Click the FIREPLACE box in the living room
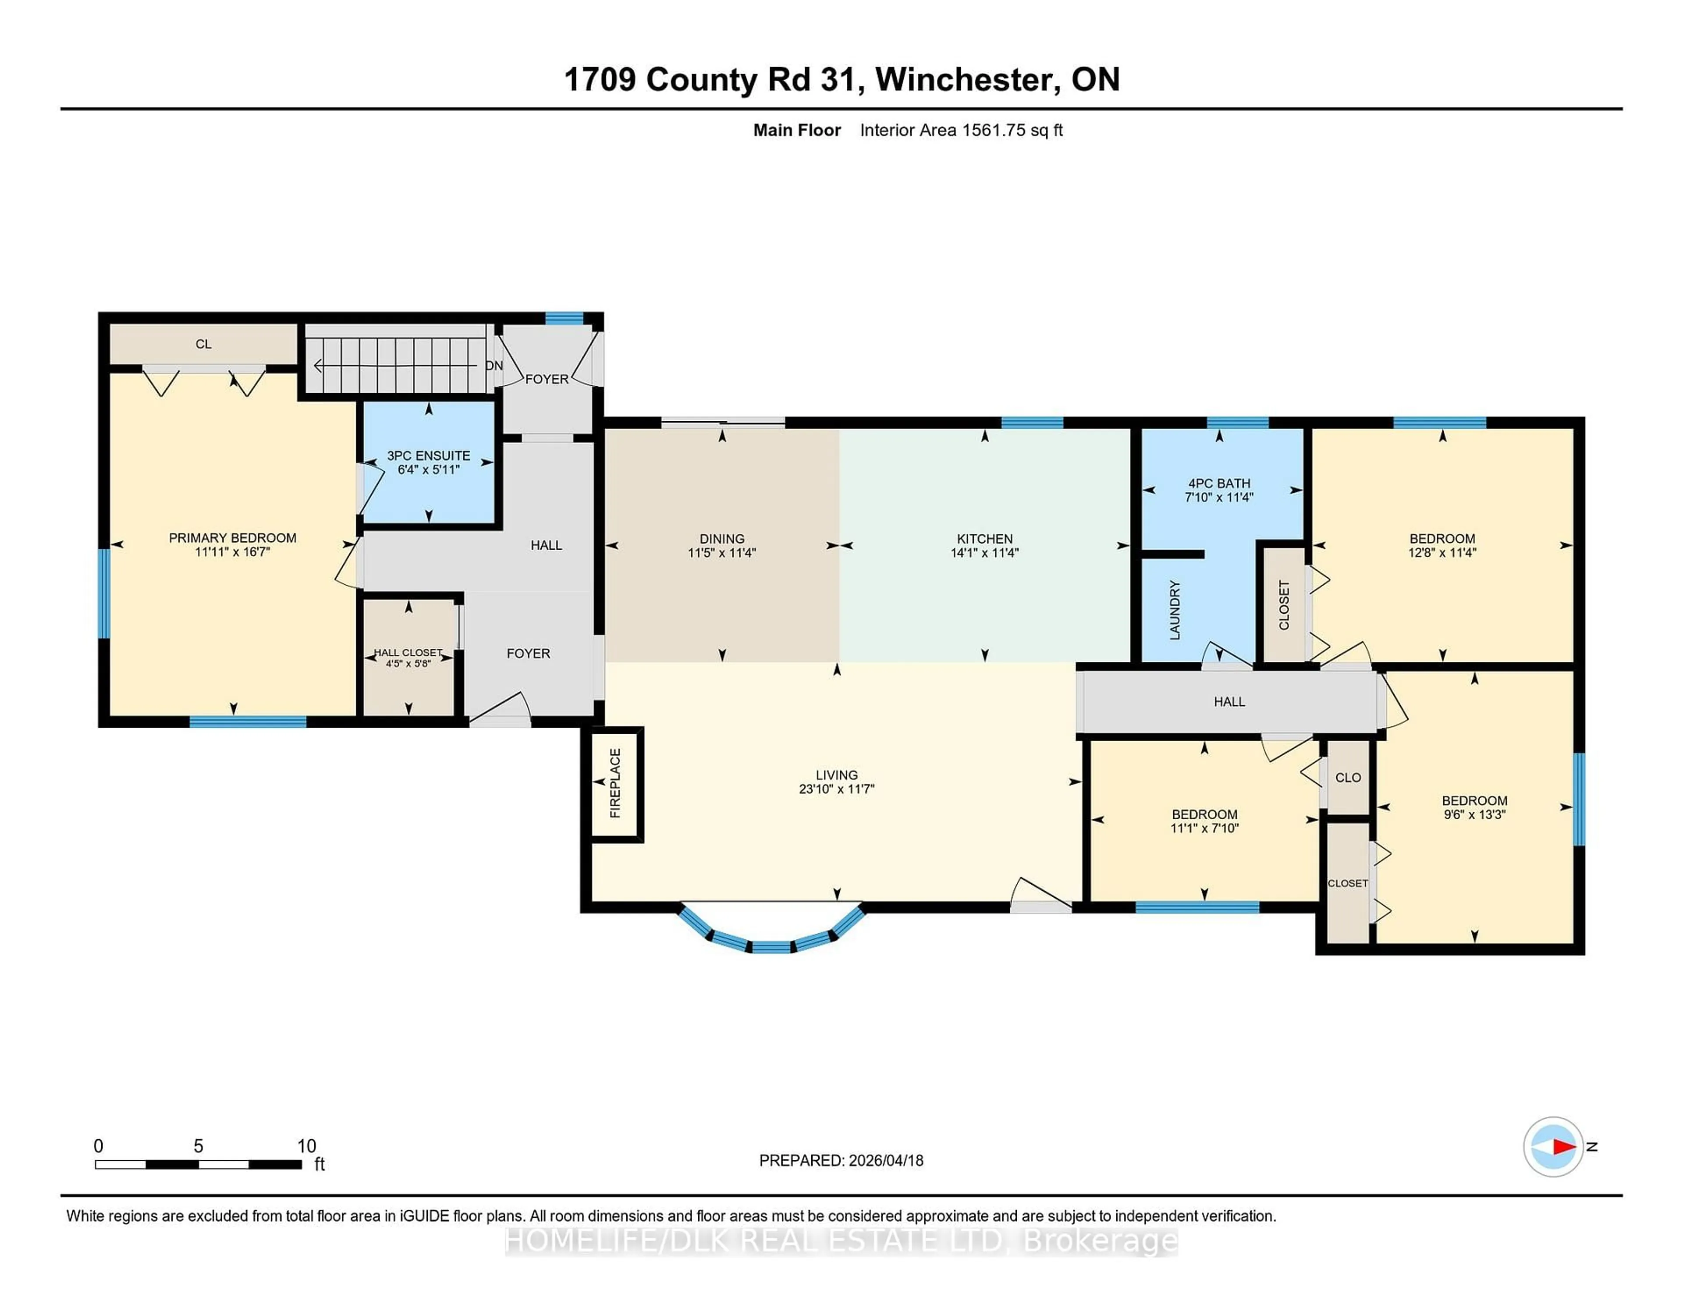[x=615, y=783]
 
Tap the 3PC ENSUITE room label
[x=429, y=455]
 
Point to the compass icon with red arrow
[x=1553, y=1146]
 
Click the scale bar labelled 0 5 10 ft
[x=198, y=1164]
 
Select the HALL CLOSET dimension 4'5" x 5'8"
[x=408, y=663]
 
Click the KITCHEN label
[x=984, y=539]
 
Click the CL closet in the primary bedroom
[x=203, y=344]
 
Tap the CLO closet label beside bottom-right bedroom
[x=1348, y=778]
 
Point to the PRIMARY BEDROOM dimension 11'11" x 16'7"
[x=233, y=552]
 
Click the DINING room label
[x=721, y=539]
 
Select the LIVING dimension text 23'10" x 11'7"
[x=836, y=789]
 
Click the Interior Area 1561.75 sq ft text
[x=961, y=130]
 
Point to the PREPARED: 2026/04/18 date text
[x=841, y=1160]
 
